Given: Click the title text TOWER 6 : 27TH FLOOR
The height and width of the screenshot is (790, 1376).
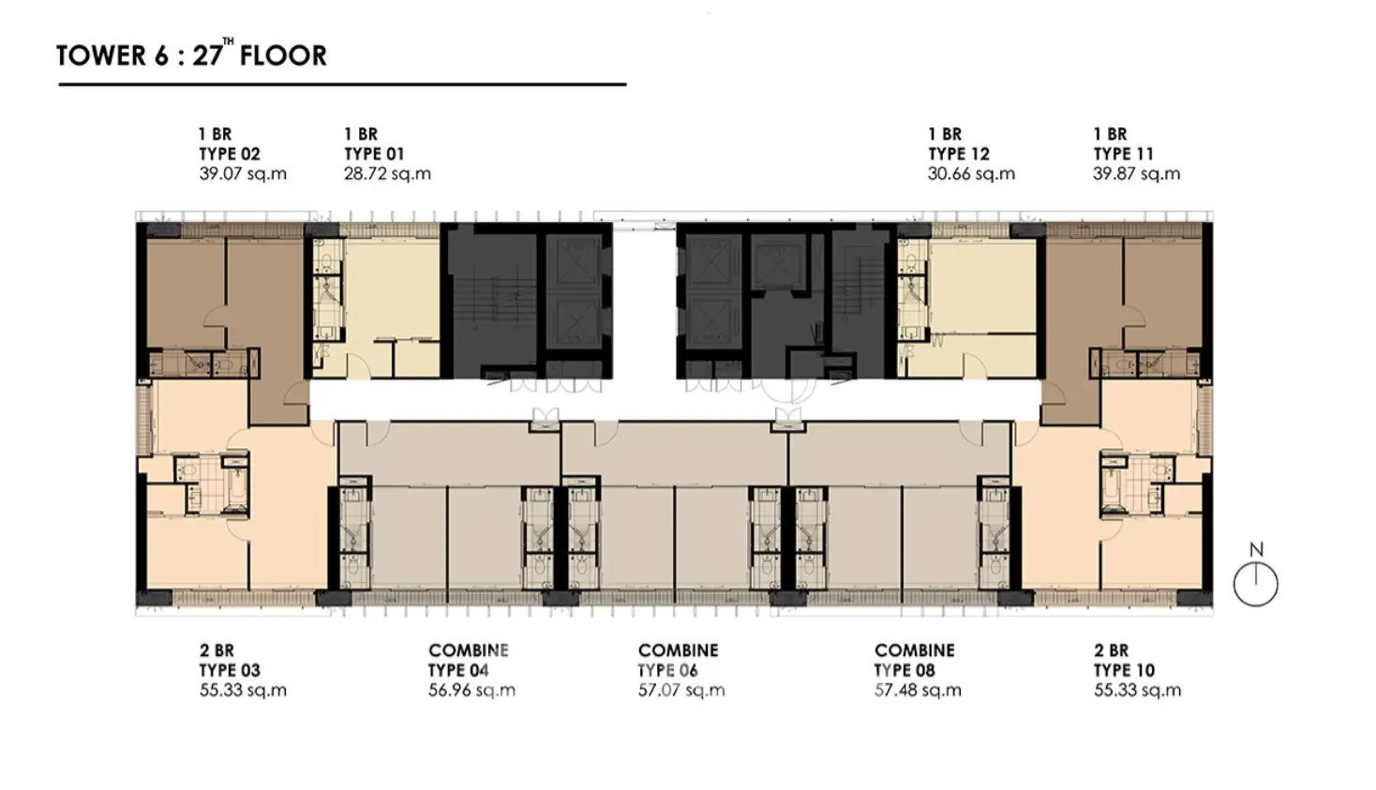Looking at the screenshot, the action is pos(191,54).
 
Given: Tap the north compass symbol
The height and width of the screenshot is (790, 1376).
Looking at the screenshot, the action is pos(1256,575).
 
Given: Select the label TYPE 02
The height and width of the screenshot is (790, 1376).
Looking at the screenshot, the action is pos(229,154).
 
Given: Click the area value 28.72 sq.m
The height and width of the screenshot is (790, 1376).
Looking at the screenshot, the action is pos(387,174).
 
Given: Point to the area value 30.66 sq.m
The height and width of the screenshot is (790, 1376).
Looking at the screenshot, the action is pos(971,174).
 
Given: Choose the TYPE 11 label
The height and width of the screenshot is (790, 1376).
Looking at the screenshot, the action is pos(1124,154).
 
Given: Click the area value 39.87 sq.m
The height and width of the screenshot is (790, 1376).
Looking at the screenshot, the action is pos(1136,174).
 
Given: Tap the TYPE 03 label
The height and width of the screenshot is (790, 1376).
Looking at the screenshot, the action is pos(229,670).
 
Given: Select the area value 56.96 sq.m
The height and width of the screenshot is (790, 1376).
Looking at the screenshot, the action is pos(471,691).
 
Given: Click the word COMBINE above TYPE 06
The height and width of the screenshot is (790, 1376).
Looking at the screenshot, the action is pos(679,650).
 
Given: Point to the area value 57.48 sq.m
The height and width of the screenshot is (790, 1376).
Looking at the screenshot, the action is pos(918,691).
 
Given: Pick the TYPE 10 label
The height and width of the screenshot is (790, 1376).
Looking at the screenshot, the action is pos(1124,670).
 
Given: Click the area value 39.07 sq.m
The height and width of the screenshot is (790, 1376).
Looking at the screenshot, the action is pos(243,174).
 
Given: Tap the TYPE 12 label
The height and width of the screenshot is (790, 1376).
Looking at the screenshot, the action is pos(958,154).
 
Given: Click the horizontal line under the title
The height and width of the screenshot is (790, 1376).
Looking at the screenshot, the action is pos(342,84).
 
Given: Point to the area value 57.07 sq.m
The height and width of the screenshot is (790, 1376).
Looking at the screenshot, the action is pos(681,691).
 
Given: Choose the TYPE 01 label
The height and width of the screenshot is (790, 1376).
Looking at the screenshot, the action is pos(373,154).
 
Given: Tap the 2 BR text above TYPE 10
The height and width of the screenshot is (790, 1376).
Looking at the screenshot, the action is pos(1111,650).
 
